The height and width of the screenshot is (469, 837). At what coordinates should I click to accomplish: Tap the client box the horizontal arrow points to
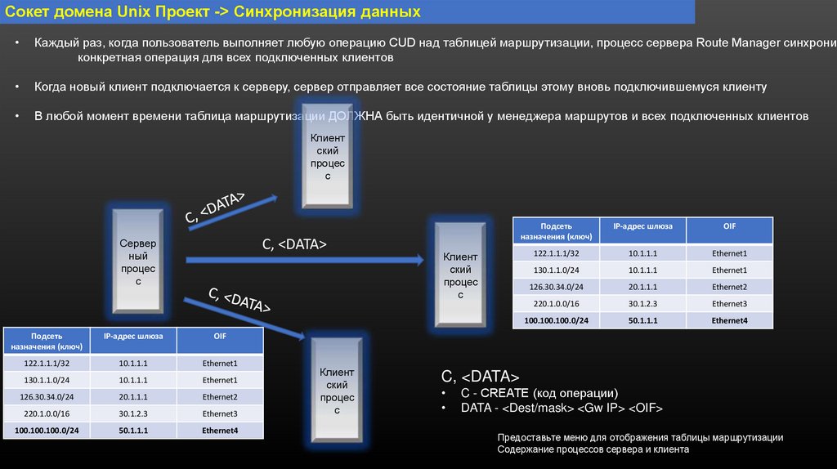[460, 275]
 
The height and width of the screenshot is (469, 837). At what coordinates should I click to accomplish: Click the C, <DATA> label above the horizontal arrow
[294, 243]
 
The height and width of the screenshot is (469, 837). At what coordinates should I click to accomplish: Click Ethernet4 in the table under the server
[220, 431]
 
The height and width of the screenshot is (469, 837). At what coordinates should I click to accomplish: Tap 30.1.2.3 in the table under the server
[132, 413]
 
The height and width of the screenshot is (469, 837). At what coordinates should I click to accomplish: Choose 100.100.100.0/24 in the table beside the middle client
[556, 321]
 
